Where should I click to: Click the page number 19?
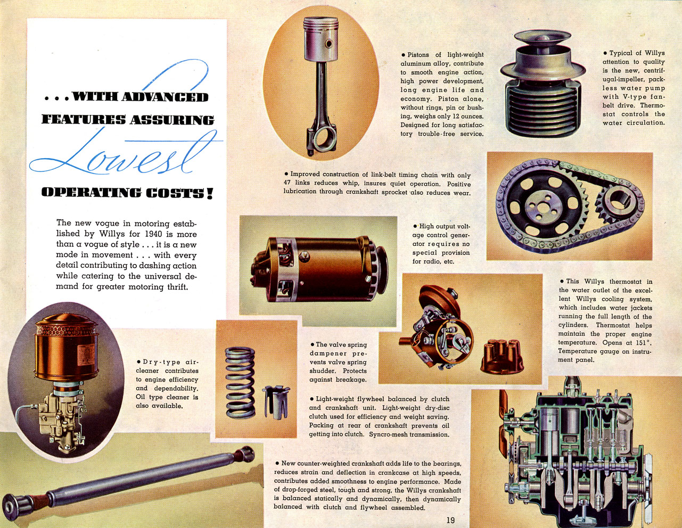pyautogui.click(x=450, y=520)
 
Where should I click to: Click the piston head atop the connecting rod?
pyautogui.click(x=321, y=39)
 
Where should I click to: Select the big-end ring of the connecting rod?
pyautogui.click(x=325, y=138)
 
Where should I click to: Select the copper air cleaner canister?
pyautogui.click(x=66, y=348)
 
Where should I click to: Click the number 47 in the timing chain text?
pyautogui.click(x=288, y=183)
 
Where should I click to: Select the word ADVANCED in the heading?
pyautogui.click(x=165, y=97)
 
